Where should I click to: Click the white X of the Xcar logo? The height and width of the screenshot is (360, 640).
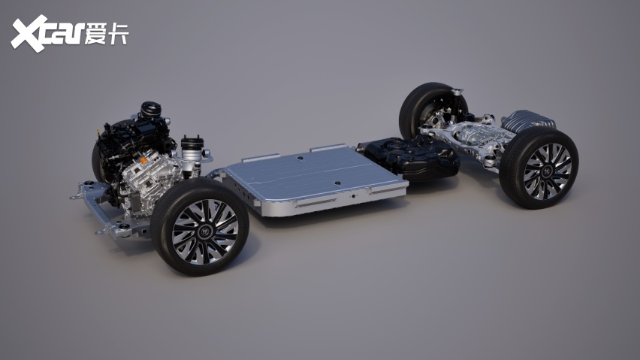(x=29, y=33)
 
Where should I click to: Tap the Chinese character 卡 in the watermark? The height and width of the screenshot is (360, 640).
(x=118, y=34)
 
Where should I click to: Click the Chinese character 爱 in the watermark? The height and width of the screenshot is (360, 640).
(x=95, y=34)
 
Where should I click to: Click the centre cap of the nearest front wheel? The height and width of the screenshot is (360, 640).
(x=205, y=231)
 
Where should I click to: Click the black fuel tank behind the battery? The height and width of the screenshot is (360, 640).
(x=409, y=157)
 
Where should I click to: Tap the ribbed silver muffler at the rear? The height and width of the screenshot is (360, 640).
(x=528, y=121)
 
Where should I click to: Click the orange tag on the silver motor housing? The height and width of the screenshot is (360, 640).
(x=143, y=161)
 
